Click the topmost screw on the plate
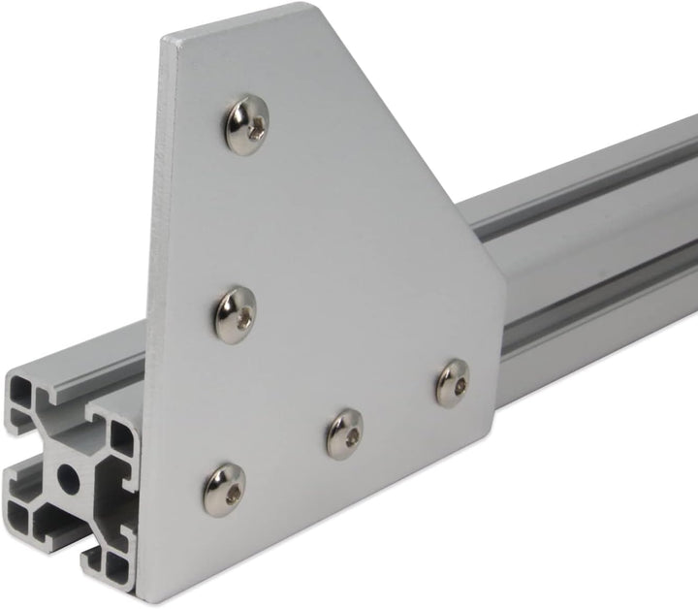click(x=246, y=121)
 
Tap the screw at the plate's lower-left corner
click(x=224, y=489)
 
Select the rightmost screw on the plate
click(x=451, y=382)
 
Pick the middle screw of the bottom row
click(x=344, y=433)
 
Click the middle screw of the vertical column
click(x=235, y=310)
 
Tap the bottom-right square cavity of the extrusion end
click(x=114, y=565)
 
